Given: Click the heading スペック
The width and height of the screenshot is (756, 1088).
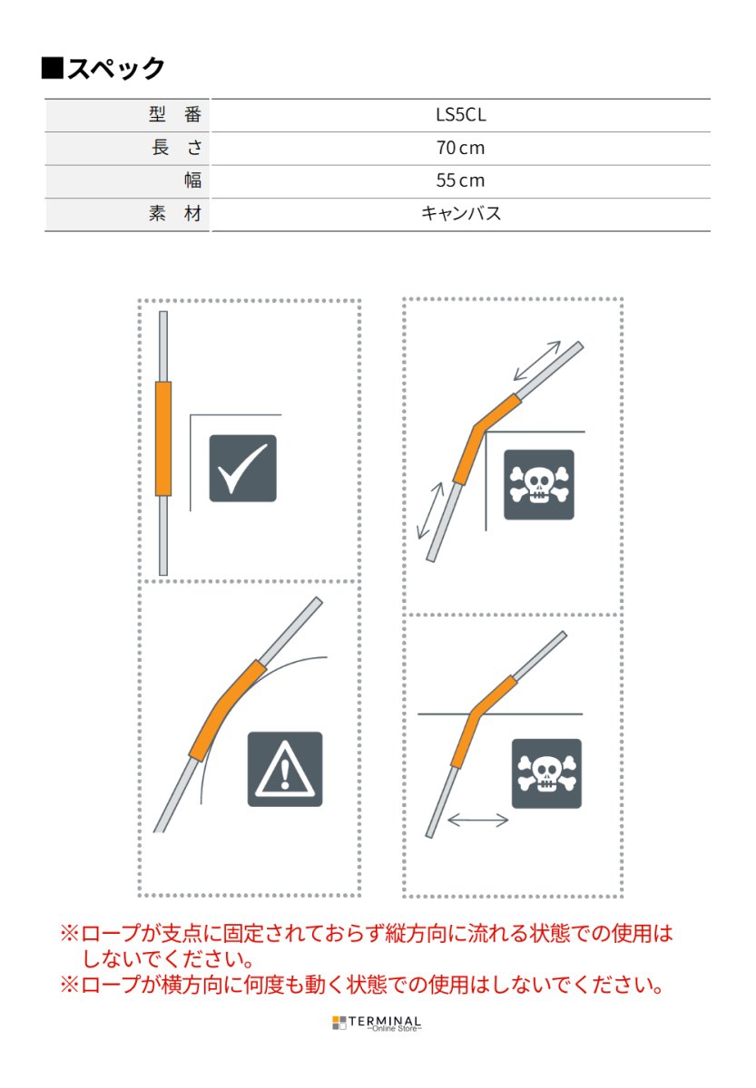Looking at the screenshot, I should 104,69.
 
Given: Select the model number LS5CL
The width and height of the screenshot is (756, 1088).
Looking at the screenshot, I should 460,115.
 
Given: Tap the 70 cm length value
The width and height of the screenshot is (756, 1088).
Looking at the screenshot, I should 460,148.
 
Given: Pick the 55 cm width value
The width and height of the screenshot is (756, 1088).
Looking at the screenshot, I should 460,180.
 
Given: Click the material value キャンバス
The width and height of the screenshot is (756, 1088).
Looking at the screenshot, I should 460,214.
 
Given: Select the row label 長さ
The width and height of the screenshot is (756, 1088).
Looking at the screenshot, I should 176,148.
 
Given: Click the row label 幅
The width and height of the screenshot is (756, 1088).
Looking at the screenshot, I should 192,180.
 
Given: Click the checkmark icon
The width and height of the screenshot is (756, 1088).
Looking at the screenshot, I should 242,469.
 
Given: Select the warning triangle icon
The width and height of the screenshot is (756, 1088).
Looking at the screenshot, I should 285,769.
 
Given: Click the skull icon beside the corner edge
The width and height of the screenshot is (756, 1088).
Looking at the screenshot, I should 539,484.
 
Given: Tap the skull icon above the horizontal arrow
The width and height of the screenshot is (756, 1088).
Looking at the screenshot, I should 546,773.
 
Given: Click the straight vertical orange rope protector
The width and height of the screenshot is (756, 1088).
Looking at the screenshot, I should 163,439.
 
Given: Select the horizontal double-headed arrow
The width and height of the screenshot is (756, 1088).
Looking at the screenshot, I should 478,820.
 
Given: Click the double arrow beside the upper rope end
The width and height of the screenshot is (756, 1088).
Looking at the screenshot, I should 536,360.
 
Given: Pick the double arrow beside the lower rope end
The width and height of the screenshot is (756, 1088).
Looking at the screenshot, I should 430,510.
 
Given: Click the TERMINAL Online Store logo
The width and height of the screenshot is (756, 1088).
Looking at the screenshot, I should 377,1024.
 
